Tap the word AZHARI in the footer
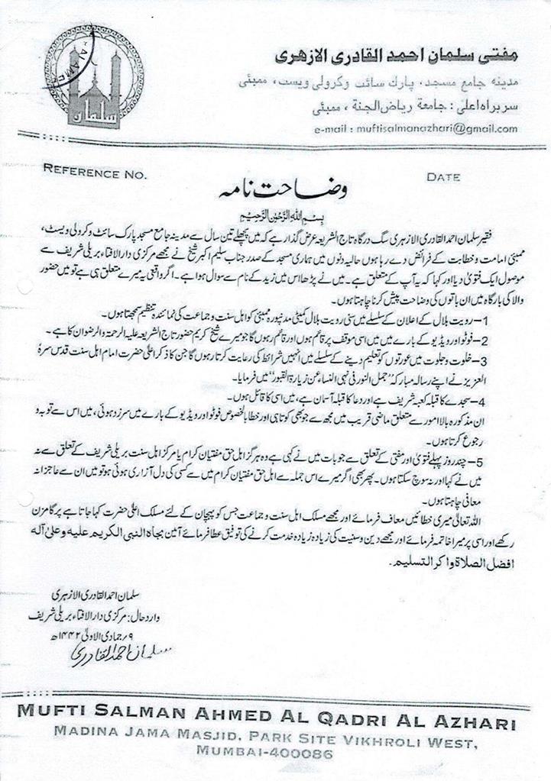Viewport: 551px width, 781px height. point(469,723)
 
